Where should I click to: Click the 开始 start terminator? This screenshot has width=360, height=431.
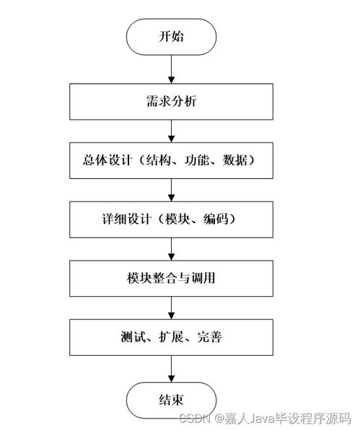pyautogui.click(x=171, y=36)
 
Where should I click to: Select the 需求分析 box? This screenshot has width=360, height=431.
pyautogui.click(x=171, y=103)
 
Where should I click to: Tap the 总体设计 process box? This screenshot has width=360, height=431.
pyautogui.click(x=171, y=160)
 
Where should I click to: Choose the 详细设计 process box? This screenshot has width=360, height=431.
pyautogui.click(x=171, y=218)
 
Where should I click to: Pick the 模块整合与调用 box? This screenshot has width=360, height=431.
pyautogui.click(x=171, y=277)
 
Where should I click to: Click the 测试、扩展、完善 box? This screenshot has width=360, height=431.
pyautogui.click(x=171, y=336)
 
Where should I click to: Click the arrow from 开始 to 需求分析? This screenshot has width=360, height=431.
pyautogui.click(x=171, y=69)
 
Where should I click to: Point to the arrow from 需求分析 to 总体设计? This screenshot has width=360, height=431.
pyautogui.click(x=171, y=131)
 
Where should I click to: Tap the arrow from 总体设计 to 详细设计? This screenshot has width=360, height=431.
pyautogui.click(x=171, y=189)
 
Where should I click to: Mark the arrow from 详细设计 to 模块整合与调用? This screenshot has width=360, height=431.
pyautogui.click(x=171, y=248)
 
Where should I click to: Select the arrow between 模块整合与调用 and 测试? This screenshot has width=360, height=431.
pyautogui.click(x=171, y=307)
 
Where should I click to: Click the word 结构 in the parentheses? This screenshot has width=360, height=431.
pyautogui.click(x=164, y=160)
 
